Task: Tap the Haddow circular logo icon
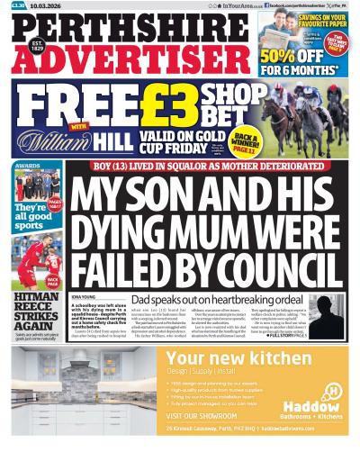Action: click(334, 391)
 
